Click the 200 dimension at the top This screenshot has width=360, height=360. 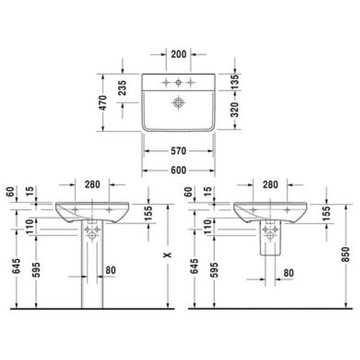(179, 54)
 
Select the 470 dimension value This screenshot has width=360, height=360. (103, 103)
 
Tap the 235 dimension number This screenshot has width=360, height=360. (122, 88)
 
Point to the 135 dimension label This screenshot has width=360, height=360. (234, 82)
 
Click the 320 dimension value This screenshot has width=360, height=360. (234, 109)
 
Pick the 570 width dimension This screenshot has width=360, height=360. (179, 151)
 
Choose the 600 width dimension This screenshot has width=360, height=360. (179, 171)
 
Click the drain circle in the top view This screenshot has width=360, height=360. (178, 103)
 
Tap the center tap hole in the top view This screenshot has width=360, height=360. (178, 82)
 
